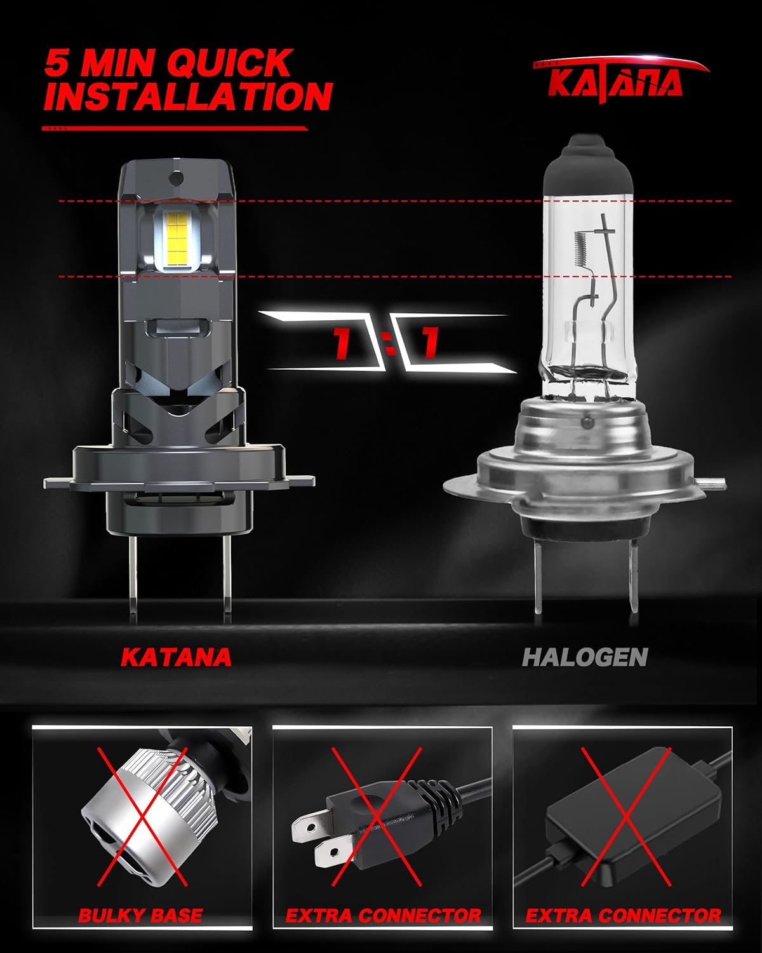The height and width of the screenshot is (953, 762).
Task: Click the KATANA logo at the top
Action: pos(620,79)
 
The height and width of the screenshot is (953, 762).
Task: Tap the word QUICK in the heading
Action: pos(229,63)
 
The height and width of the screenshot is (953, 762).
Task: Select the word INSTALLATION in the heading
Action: pos(188,96)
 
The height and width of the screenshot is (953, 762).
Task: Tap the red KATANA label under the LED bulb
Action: pos(177,657)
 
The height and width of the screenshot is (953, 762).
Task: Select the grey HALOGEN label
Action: pos(585,657)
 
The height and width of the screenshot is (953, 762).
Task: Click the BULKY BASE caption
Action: pos(140,915)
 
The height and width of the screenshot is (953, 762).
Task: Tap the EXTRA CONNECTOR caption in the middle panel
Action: pos(383,915)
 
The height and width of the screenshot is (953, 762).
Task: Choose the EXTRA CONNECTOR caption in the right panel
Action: pos(623,915)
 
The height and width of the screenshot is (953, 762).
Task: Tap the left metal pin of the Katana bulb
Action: pos(133,578)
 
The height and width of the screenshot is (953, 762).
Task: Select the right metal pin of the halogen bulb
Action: pos(634,576)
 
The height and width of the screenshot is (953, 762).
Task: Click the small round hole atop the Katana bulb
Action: pos(177,178)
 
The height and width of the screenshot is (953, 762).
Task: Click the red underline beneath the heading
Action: pos(175,128)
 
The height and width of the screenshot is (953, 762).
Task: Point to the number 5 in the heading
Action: pos(57,63)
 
